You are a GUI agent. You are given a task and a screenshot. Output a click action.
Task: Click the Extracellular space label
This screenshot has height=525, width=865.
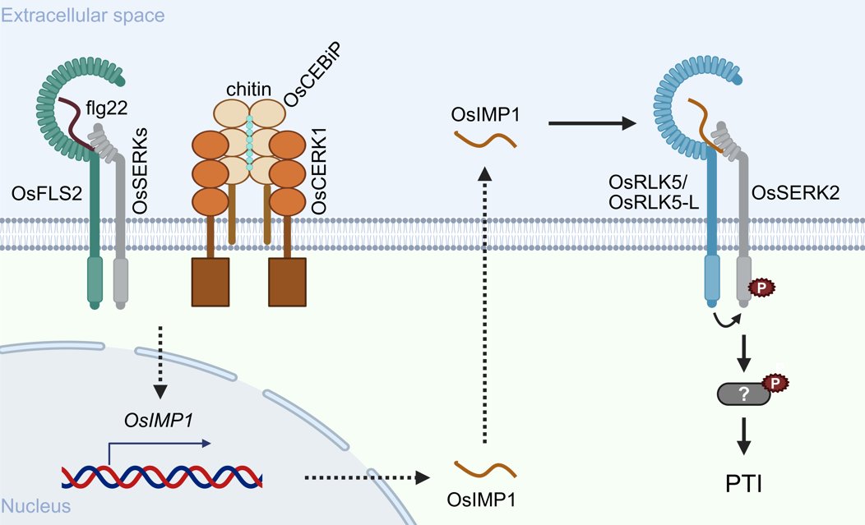[x=83, y=15]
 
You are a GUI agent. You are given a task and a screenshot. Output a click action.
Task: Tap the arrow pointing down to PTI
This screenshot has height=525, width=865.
[x=743, y=435]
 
